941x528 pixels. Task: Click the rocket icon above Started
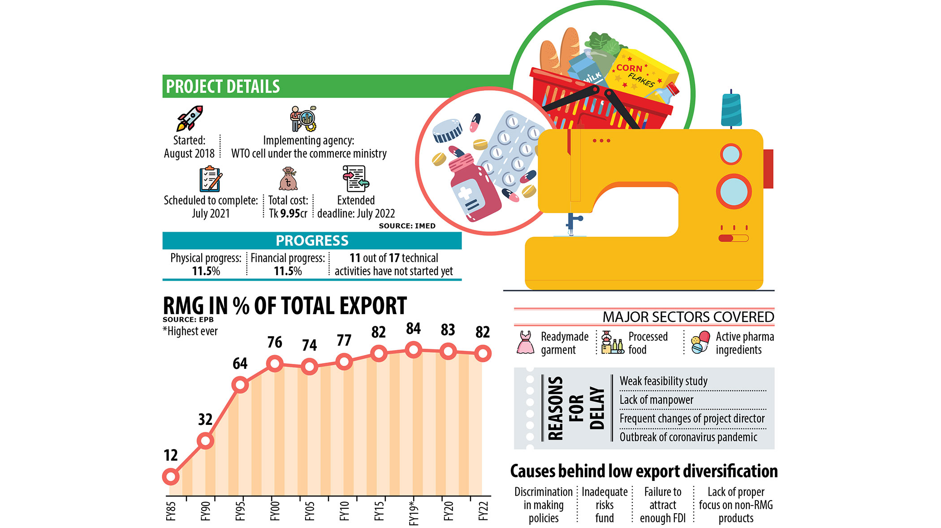[x=190, y=118]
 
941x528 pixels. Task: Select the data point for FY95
[x=240, y=385]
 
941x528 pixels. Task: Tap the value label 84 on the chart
[x=413, y=329]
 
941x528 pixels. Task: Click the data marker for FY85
[x=171, y=476]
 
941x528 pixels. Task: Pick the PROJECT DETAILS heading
[x=223, y=87]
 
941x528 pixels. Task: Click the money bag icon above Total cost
[x=288, y=179]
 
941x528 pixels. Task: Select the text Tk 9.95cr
[x=288, y=213]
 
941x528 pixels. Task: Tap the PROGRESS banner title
[x=312, y=241]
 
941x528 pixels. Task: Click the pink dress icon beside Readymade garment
[x=525, y=343]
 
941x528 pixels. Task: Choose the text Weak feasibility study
[x=663, y=381]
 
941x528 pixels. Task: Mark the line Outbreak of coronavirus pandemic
[x=688, y=437]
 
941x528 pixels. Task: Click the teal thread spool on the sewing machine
[x=731, y=110]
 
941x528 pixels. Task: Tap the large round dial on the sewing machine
[x=734, y=191]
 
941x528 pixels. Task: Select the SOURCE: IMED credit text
[x=407, y=226]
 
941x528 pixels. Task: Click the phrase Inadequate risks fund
[x=604, y=505]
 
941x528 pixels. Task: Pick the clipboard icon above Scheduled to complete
[x=210, y=179]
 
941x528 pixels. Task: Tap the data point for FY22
[x=483, y=353]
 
